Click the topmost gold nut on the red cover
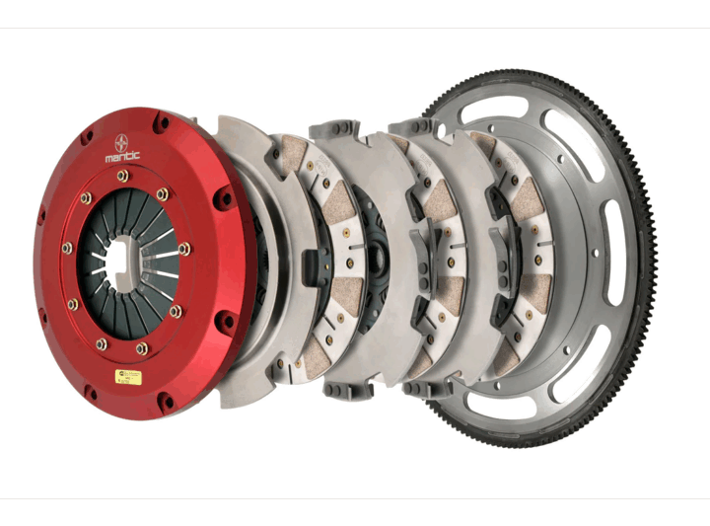(122, 176)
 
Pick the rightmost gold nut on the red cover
(184, 249)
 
